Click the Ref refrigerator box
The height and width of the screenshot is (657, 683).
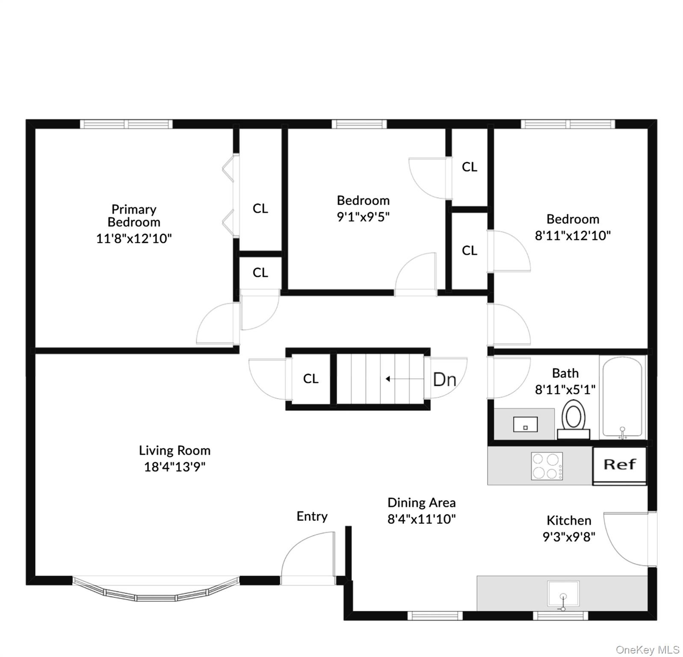click(619, 465)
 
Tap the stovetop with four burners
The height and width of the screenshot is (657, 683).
click(547, 466)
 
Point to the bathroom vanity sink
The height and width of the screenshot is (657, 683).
click(525, 425)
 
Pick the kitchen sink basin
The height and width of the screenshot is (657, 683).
click(563, 593)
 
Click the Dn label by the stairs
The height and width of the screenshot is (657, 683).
click(444, 379)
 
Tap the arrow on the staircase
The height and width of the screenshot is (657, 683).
click(388, 379)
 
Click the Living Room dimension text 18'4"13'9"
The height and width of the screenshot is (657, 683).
click(174, 467)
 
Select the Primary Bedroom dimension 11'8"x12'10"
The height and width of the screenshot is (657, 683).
click(134, 238)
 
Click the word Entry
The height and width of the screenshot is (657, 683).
click(312, 516)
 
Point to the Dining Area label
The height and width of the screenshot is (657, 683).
click(421, 503)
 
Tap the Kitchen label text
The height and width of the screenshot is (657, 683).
click(569, 521)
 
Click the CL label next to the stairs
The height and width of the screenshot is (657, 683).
click(311, 379)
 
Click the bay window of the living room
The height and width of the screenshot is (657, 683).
click(156, 590)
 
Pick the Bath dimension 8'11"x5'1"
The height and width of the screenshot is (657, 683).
click(565, 390)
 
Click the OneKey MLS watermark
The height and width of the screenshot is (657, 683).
click(648, 650)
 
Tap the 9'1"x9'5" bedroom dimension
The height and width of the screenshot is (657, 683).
click(363, 217)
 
